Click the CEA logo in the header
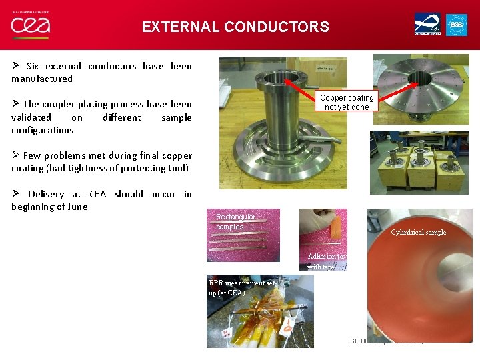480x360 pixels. [30, 25]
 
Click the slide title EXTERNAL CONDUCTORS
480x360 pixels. [235, 27]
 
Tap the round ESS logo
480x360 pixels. [457, 25]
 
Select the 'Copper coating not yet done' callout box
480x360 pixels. [347, 102]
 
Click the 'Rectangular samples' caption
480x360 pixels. [235, 221]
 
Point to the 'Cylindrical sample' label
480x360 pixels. [418, 232]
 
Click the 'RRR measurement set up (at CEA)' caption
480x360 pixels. [241, 287]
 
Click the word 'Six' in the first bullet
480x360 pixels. [33, 66]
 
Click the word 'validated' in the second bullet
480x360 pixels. [30, 117]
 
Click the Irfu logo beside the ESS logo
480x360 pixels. [427, 25]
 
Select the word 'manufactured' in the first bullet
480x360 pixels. [42, 79]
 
